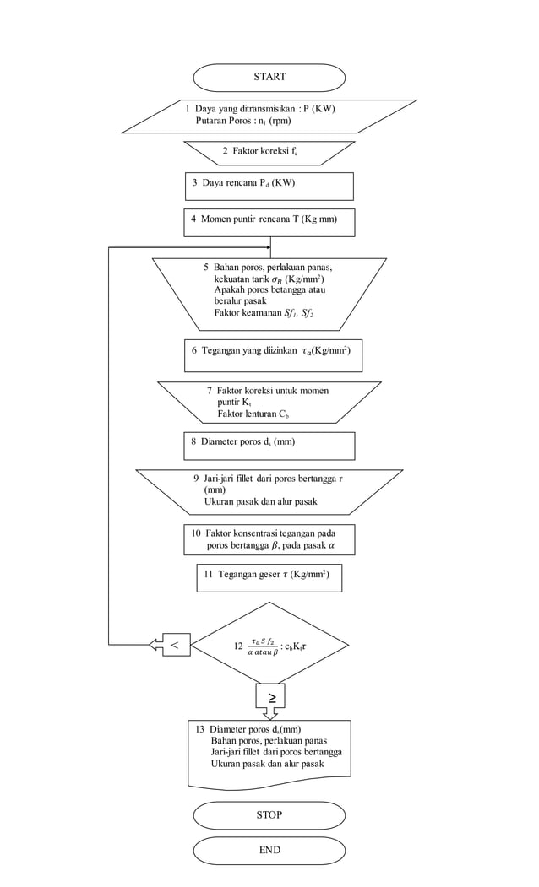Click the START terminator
pyautogui.click(x=269, y=77)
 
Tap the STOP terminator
pyautogui.click(x=269, y=815)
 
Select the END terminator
pyautogui.click(x=269, y=850)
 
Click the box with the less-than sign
pyautogui.click(x=175, y=645)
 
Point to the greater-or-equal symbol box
pyautogui.click(x=271, y=696)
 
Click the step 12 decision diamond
pyautogui.click(x=269, y=646)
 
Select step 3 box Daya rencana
pyautogui.click(x=269, y=184)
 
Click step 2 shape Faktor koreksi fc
pyautogui.click(x=269, y=152)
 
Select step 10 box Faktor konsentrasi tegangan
pyautogui.click(x=269, y=539)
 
